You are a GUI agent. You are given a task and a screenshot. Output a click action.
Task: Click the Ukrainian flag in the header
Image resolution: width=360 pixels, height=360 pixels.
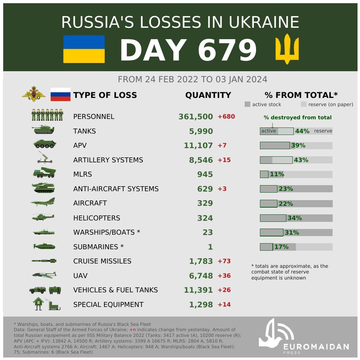click(84, 49)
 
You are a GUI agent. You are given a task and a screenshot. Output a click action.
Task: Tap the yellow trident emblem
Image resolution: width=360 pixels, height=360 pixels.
click(287, 49)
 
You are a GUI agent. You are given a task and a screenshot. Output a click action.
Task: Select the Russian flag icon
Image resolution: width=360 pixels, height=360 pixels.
click(60, 94)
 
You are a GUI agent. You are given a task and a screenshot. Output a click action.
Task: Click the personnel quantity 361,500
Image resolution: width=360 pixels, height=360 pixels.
click(195, 117)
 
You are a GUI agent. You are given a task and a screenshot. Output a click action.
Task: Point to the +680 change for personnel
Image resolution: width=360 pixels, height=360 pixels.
click(226, 117)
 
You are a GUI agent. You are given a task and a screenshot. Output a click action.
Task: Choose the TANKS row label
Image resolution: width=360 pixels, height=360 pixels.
click(84, 131)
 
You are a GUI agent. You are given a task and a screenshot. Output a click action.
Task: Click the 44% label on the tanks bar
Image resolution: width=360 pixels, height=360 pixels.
click(302, 131)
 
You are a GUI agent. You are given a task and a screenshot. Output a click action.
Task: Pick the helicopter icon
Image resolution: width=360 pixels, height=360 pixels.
click(43, 217)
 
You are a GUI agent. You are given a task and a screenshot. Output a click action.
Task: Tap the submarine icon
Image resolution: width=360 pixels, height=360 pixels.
click(44, 246)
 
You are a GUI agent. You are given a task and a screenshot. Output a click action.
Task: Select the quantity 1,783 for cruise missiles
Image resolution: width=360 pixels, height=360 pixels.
click(201, 261)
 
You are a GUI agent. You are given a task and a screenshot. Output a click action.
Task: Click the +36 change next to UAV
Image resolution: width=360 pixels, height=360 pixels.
click(224, 276)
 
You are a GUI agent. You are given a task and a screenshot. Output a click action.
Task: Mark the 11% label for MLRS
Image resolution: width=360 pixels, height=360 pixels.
click(277, 174)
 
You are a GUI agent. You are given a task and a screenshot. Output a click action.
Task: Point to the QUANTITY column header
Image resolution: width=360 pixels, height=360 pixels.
click(208, 95)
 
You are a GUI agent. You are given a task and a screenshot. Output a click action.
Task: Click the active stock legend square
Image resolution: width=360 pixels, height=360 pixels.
click(247, 104)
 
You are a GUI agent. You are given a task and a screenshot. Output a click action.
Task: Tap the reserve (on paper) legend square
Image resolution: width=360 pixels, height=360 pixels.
click(304, 104)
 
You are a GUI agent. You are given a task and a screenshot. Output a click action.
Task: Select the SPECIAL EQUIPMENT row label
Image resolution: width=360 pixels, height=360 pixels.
click(108, 305)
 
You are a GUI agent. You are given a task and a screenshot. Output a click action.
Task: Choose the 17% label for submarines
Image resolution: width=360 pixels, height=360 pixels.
click(281, 247)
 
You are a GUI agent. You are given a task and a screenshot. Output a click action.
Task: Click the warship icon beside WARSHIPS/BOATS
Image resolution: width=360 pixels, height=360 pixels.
click(44, 232)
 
